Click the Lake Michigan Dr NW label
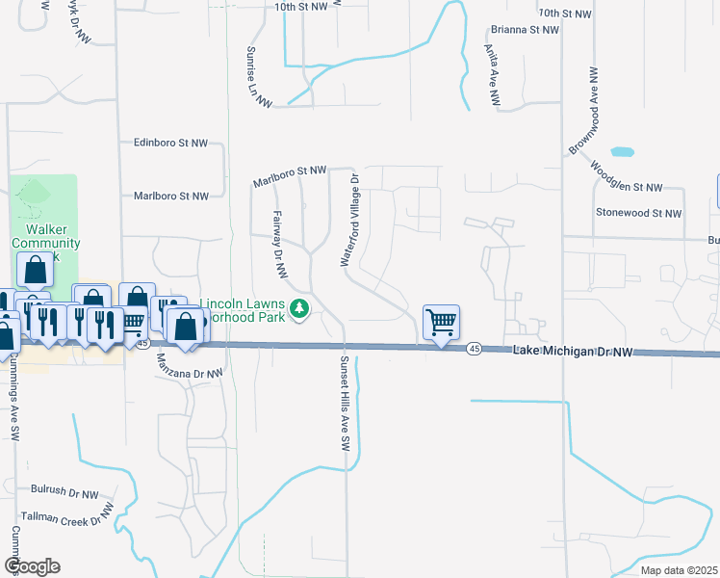[574, 353]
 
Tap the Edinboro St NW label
[170, 143]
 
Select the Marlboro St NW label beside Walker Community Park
[170, 196]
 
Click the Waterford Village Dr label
[347, 221]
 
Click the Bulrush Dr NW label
[64, 494]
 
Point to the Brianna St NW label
[524, 30]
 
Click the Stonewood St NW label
[638, 212]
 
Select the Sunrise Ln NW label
[258, 77]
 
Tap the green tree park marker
[300, 308]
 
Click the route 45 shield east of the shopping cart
[474, 348]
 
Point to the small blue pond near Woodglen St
[623, 152]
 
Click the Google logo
[32, 566]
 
